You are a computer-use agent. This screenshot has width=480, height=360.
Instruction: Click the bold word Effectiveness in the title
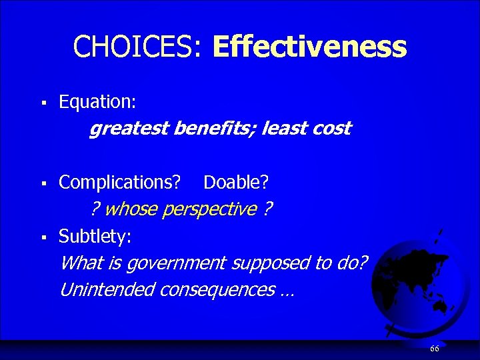309,47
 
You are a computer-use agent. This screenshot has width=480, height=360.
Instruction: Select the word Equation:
97,102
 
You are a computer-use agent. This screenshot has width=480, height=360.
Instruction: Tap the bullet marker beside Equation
43,103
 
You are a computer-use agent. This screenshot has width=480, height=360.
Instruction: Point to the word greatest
129,129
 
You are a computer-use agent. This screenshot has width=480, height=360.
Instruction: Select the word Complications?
120,182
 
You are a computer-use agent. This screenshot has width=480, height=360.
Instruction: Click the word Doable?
236,182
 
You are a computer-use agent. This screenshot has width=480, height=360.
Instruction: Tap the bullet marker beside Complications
43,183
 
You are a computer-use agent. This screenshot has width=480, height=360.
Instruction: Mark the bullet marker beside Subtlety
43,237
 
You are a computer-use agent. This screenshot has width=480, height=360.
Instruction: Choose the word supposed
263,263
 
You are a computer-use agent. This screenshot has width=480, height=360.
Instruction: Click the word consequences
225,290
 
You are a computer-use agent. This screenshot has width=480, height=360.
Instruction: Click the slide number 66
435,349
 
